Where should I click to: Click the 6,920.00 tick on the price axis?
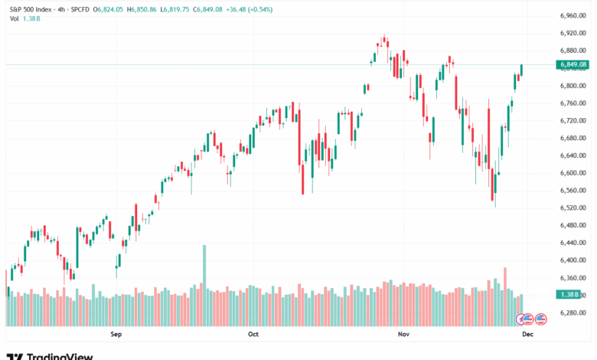click(573, 33)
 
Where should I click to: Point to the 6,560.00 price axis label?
click(573, 191)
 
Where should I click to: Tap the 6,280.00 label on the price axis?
click(573, 313)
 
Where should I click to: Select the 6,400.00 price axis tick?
click(573, 260)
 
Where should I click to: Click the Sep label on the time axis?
click(116, 334)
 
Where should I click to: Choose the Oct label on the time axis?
click(254, 334)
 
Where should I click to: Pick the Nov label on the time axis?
click(403, 334)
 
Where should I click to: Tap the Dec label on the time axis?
click(527, 334)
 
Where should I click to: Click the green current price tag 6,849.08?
click(573, 65)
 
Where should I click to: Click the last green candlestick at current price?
click(522, 70)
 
